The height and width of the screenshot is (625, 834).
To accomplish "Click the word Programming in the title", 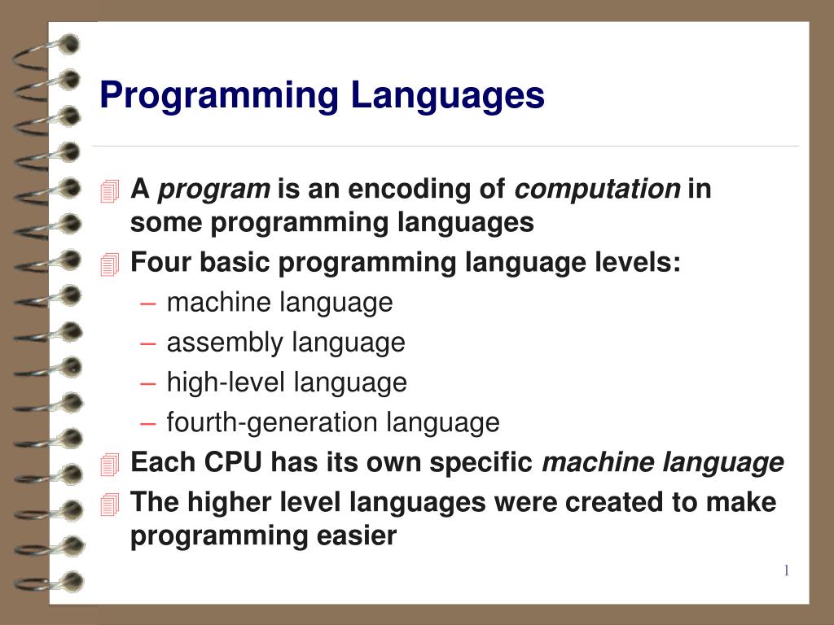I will pos(218,96).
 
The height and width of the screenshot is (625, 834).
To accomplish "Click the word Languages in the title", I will pos(448,96).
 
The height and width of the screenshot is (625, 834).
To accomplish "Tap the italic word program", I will pos(213,190).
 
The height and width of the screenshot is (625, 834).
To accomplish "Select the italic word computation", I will pos(598,190).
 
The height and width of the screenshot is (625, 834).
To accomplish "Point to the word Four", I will pos(160,263).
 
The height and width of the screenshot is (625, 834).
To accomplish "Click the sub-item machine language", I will pos(279,303).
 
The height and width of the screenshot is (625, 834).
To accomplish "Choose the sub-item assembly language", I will pos(286,343).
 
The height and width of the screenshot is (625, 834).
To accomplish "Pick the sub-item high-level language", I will pos(287,382).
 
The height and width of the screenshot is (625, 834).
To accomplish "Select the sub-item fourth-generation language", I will pos(333,422).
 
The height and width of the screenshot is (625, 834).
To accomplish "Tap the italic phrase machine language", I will pos(663,463).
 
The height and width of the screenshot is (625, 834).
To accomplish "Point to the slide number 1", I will pos(786,570).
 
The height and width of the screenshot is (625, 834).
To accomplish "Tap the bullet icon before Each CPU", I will pos(110,464).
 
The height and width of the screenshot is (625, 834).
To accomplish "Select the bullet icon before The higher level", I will pos(110,504).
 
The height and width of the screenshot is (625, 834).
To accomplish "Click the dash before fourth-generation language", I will pos(147,423).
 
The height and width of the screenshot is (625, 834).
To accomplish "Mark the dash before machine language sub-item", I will pos(147,304).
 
